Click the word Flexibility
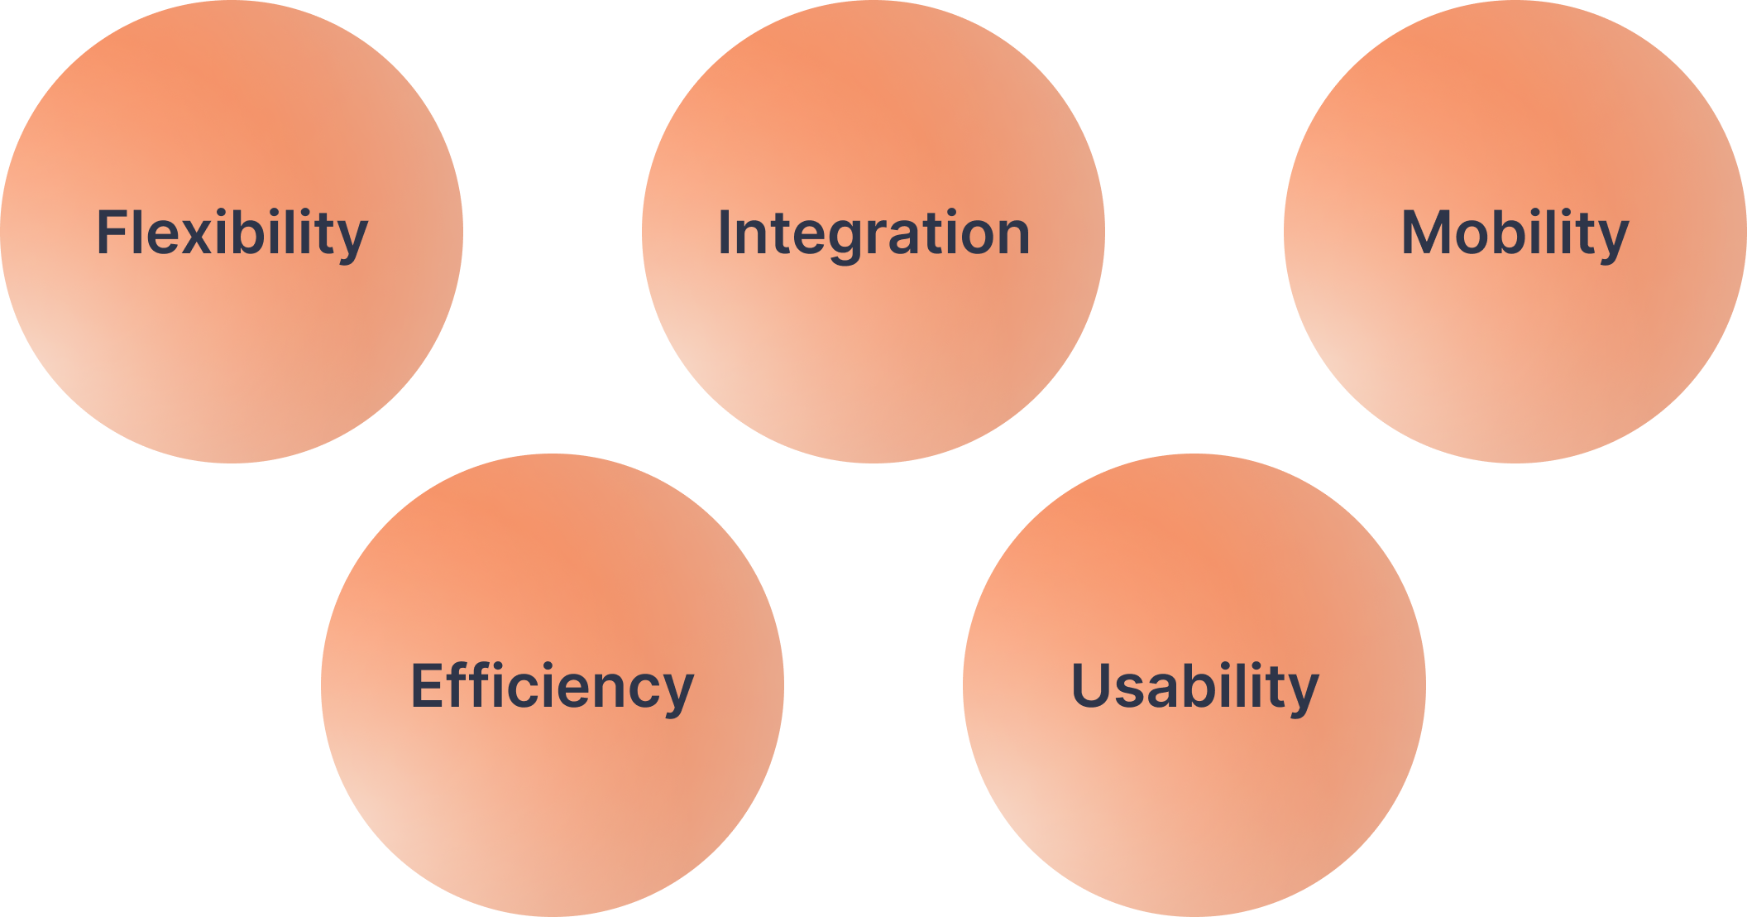click(232, 233)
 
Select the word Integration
click(873, 233)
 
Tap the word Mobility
click(1514, 233)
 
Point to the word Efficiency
click(552, 687)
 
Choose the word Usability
click(1194, 687)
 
